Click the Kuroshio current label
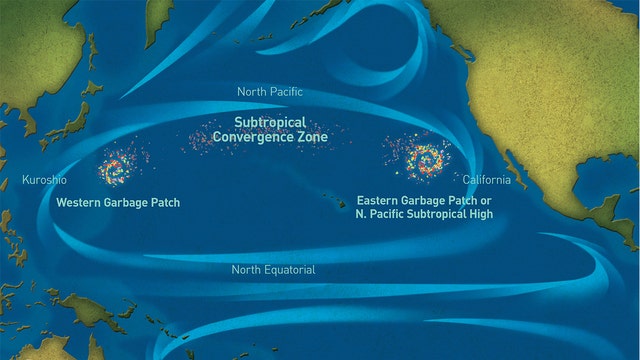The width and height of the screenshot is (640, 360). (45, 180)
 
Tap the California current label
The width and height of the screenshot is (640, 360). (486, 180)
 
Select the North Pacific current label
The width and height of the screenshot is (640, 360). (269, 92)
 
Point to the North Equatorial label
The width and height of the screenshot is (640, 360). (273, 270)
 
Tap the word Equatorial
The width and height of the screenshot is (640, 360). (290, 270)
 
